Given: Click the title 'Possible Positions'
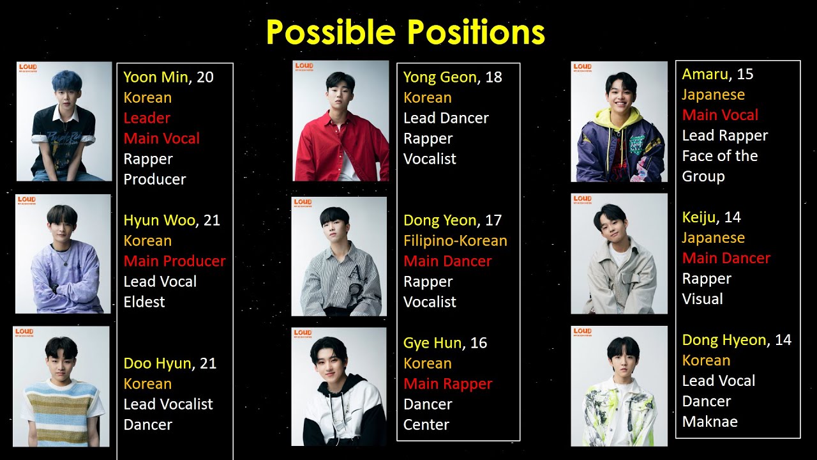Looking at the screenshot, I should (x=405, y=32).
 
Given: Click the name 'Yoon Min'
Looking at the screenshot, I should (x=155, y=77).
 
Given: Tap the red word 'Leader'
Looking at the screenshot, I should (x=147, y=118).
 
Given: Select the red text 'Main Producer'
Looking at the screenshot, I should (x=174, y=261).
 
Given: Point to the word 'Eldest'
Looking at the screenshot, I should (x=144, y=302).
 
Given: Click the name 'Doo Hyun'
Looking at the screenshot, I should (x=157, y=364).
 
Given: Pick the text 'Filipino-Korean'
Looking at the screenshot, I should (x=455, y=241).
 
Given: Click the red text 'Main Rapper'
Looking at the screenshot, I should (x=447, y=384).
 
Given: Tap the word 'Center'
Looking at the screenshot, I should (x=426, y=425).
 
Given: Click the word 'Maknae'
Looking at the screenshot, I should (x=710, y=422).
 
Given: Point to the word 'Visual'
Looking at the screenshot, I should (x=702, y=299).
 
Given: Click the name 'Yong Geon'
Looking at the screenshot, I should (x=440, y=77).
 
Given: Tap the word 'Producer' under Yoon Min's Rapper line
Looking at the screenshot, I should (x=154, y=180).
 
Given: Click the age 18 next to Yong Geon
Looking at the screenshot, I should (x=493, y=77).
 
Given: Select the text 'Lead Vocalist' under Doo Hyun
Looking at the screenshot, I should (x=168, y=404).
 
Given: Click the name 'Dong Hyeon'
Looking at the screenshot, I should (x=724, y=340).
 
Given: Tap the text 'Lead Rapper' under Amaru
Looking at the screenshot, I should (x=724, y=135).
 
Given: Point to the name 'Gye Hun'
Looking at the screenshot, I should (x=432, y=343).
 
